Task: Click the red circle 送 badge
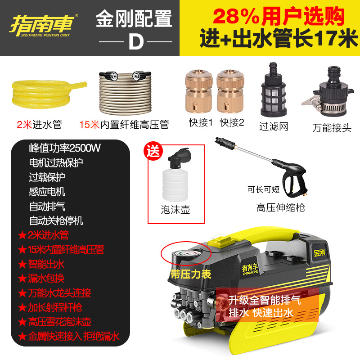[x=154, y=151]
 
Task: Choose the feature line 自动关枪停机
[x=56, y=220]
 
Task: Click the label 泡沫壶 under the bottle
[x=175, y=210]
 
